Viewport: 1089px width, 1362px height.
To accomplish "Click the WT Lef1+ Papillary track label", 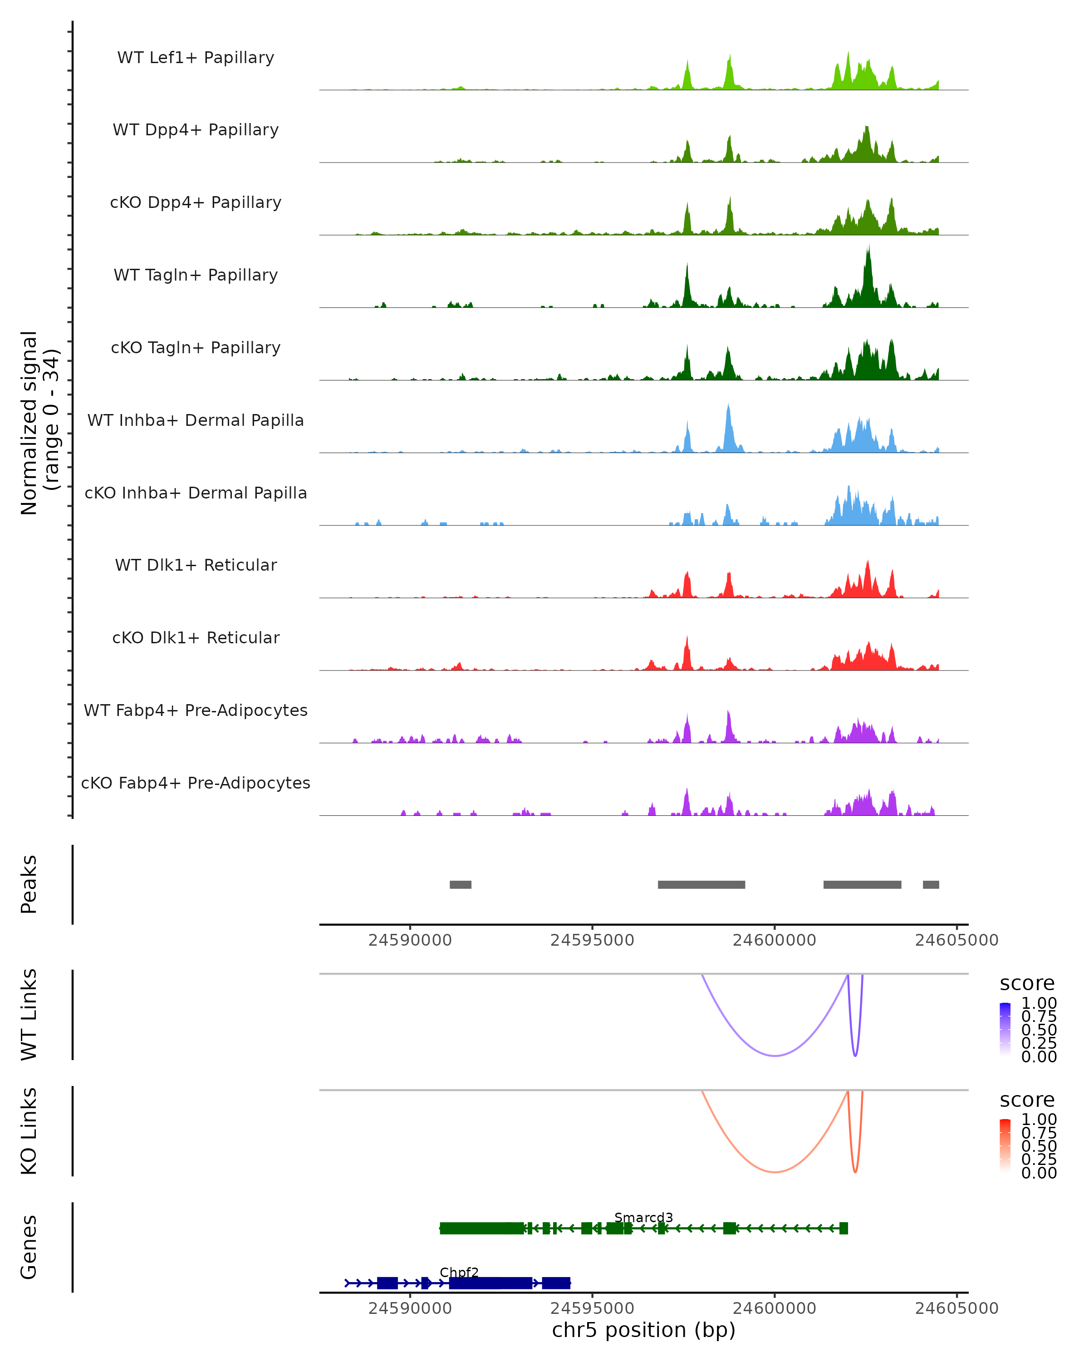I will coord(196,58).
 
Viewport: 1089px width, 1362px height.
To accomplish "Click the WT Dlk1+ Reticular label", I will coord(196,565).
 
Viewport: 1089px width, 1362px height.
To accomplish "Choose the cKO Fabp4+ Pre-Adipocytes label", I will coord(196,783).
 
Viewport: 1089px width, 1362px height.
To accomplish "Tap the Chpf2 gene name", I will coord(459,1272).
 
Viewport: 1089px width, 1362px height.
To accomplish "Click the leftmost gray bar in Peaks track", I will coord(460,884).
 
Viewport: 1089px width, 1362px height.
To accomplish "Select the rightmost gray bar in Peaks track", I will coord(931,884).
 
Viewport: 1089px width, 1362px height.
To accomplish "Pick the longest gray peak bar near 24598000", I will coord(701,884).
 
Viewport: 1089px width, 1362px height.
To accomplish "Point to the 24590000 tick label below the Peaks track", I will coord(410,940).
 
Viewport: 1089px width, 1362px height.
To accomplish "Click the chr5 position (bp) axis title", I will coord(643,1330).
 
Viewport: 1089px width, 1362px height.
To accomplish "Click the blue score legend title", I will coord(1026,984).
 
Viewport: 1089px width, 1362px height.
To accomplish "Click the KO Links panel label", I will coord(29,1131).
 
